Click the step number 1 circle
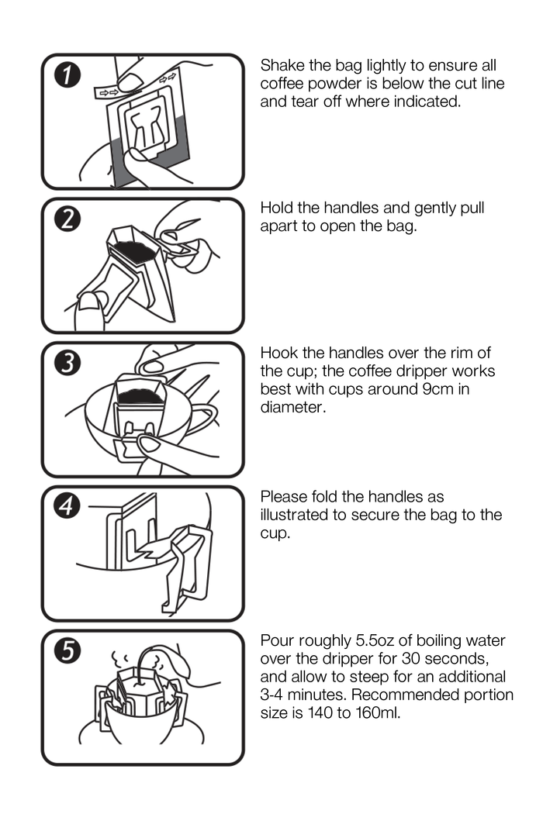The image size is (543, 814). point(67,75)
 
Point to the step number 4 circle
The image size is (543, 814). point(67,506)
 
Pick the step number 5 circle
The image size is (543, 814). point(67,650)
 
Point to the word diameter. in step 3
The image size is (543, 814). point(293,408)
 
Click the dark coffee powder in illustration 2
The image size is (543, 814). point(134,251)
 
